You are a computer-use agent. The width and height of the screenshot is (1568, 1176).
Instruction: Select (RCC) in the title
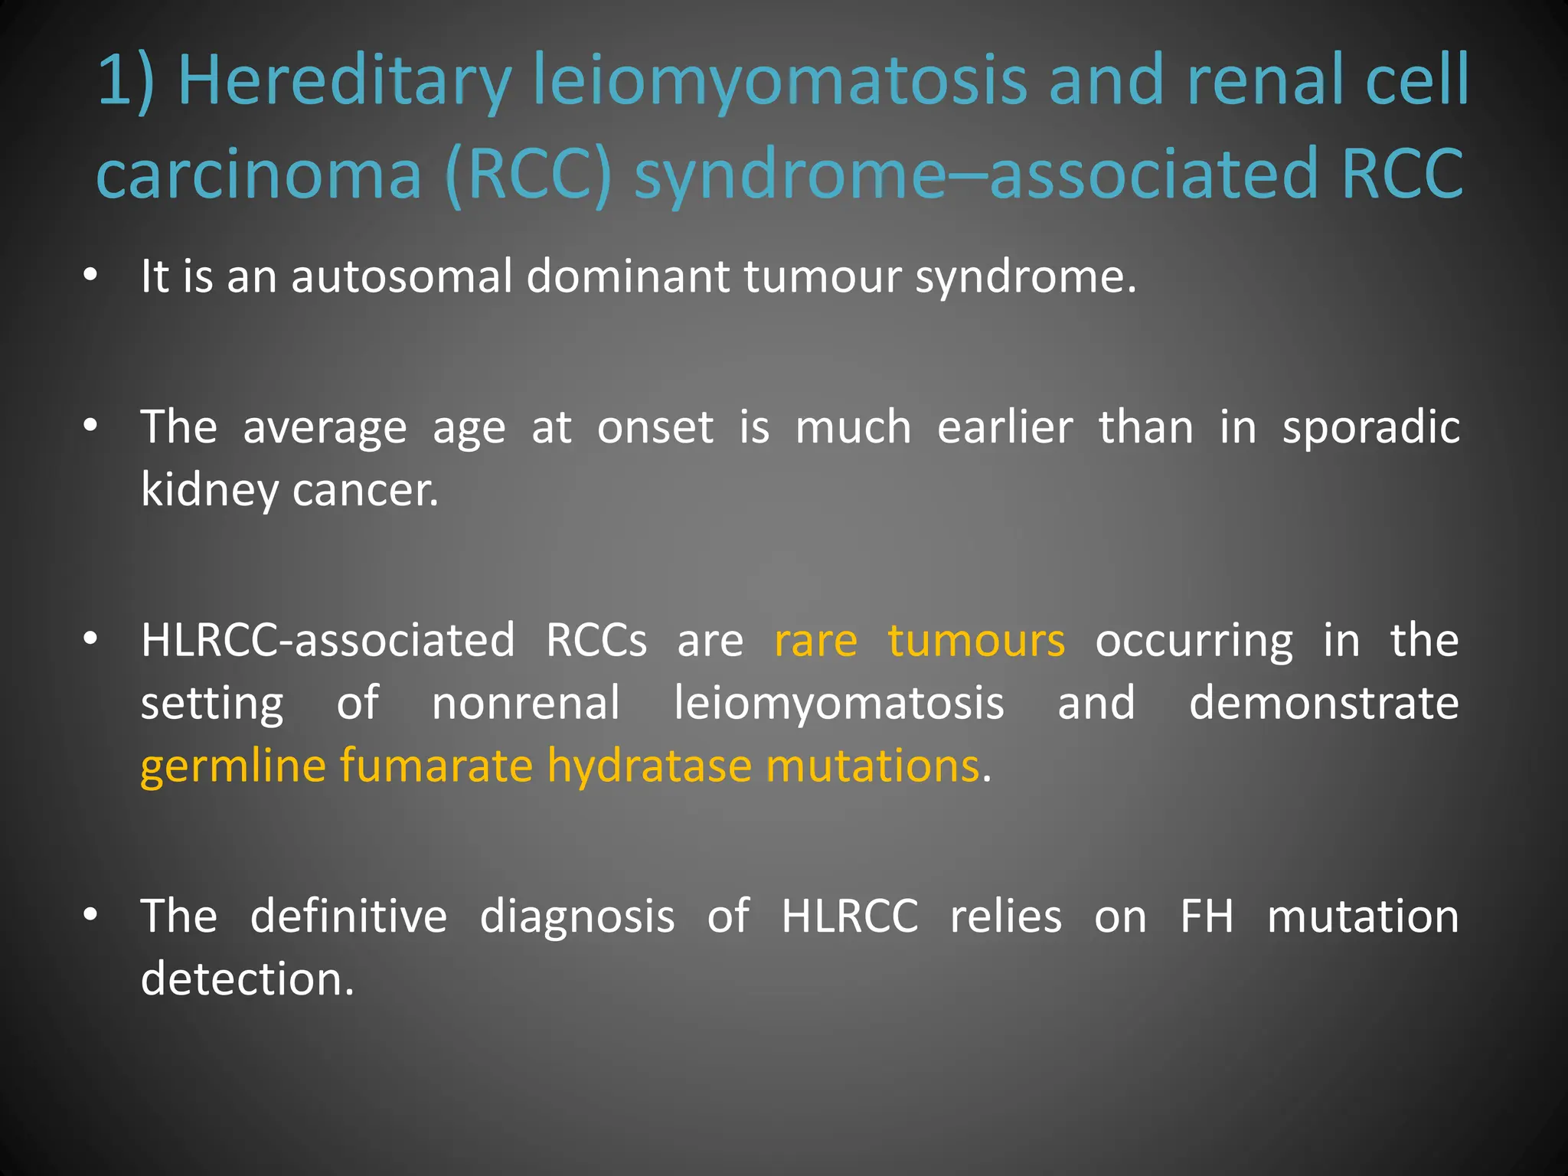[x=528, y=175]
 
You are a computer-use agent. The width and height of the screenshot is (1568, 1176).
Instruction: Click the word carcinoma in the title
[x=259, y=175]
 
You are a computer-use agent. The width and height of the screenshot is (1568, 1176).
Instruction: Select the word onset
[x=655, y=427]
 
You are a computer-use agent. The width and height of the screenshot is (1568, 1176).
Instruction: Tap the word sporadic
[x=1370, y=427]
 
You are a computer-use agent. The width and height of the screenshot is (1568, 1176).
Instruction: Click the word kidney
[x=209, y=490]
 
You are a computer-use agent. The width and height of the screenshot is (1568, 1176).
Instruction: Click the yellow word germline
[x=233, y=766]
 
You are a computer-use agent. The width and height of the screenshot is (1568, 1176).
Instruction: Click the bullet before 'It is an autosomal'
[x=90, y=276]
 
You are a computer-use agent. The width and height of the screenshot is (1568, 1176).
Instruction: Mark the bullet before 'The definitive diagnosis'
[x=90, y=916]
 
